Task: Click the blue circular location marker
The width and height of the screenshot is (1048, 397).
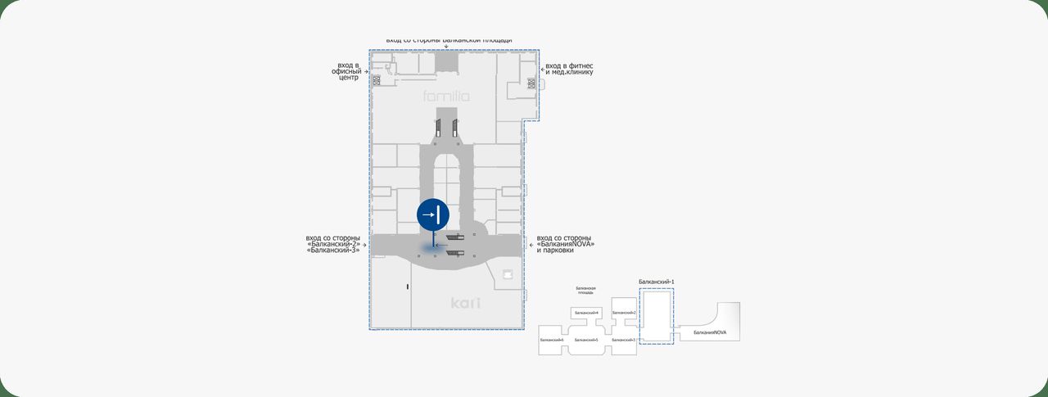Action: click(432, 215)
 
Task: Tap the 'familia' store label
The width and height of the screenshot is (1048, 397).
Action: click(447, 97)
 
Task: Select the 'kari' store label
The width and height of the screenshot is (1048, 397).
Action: click(465, 304)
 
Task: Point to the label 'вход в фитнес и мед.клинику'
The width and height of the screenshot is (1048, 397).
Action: click(569, 69)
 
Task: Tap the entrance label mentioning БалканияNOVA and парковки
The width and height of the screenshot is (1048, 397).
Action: click(566, 244)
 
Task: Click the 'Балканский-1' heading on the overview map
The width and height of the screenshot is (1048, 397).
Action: click(655, 282)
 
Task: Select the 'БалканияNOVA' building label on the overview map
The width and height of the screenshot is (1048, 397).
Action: click(710, 332)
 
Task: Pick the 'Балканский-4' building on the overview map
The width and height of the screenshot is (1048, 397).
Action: click(586, 313)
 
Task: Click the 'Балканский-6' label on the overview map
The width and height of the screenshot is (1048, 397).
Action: click(551, 340)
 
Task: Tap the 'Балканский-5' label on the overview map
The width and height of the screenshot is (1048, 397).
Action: click(586, 340)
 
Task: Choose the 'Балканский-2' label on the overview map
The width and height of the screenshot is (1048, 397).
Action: click(624, 313)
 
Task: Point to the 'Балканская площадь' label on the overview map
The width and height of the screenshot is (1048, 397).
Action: click(585, 290)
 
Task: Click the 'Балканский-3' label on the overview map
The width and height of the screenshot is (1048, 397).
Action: click(624, 340)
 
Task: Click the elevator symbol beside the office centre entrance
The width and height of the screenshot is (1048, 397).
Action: click(377, 80)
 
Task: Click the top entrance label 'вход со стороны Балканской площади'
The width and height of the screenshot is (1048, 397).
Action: click(449, 39)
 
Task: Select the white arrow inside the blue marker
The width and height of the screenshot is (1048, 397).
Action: click(429, 215)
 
